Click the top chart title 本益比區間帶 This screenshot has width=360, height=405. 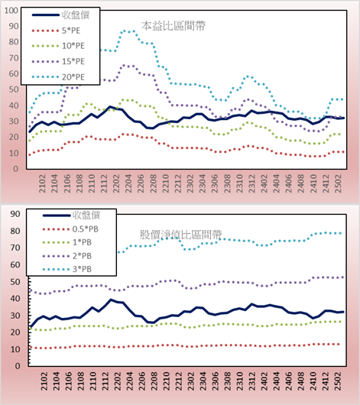coord(174,26)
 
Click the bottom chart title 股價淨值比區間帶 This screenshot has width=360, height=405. coord(180,235)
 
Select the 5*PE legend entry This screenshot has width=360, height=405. coord(56,31)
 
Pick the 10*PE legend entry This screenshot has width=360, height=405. coord(58,46)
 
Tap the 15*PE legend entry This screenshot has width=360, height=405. coord(58,61)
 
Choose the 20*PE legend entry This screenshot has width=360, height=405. coord(58,77)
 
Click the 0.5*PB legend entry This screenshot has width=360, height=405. coord(70,229)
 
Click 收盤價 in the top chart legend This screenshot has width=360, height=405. coord(60,15)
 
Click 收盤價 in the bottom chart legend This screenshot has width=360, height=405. coord(72,215)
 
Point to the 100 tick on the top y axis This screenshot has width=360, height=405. coord(11,11)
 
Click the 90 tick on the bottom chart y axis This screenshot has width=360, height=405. coord(15,214)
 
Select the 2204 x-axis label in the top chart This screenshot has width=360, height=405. coord(128,183)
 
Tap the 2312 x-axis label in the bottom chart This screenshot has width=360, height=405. coord(252,381)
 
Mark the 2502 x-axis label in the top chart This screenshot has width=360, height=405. coord(338,183)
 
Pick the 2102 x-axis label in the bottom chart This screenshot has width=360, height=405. coord(44,381)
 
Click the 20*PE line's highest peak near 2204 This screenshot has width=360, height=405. coord(125,31)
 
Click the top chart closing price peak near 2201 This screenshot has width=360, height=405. coord(110,107)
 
